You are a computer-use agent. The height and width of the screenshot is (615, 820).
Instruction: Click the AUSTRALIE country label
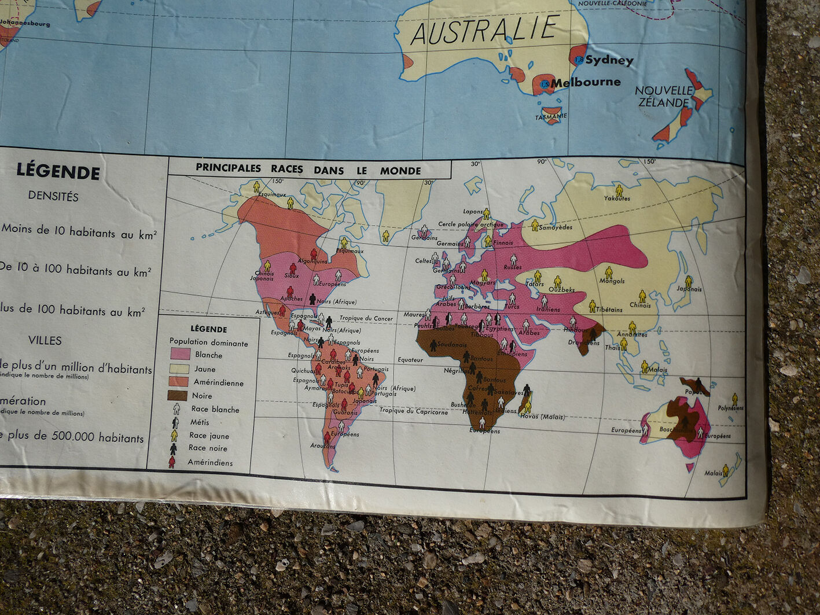[485, 30]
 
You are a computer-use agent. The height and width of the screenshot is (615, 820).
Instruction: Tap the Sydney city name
[609, 60]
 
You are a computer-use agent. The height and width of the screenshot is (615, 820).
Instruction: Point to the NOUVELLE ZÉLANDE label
[664, 97]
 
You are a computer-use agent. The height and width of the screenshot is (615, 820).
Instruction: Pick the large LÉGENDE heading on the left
[58, 171]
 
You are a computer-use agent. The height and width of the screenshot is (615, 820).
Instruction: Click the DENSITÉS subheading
[53, 196]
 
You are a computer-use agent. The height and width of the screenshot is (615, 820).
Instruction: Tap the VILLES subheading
[45, 340]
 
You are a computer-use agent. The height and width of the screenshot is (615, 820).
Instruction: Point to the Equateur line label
[410, 359]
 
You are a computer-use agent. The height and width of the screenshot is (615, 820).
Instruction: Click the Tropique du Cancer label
[366, 318]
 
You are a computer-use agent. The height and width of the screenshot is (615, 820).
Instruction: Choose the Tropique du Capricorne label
[413, 411]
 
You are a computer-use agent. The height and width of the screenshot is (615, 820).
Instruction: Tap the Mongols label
[612, 281]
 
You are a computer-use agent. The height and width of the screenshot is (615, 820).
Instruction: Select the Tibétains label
[609, 310]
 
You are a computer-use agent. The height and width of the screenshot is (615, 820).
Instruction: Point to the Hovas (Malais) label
[542, 417]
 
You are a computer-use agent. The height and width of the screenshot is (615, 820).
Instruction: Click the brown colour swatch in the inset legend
[177, 396]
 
